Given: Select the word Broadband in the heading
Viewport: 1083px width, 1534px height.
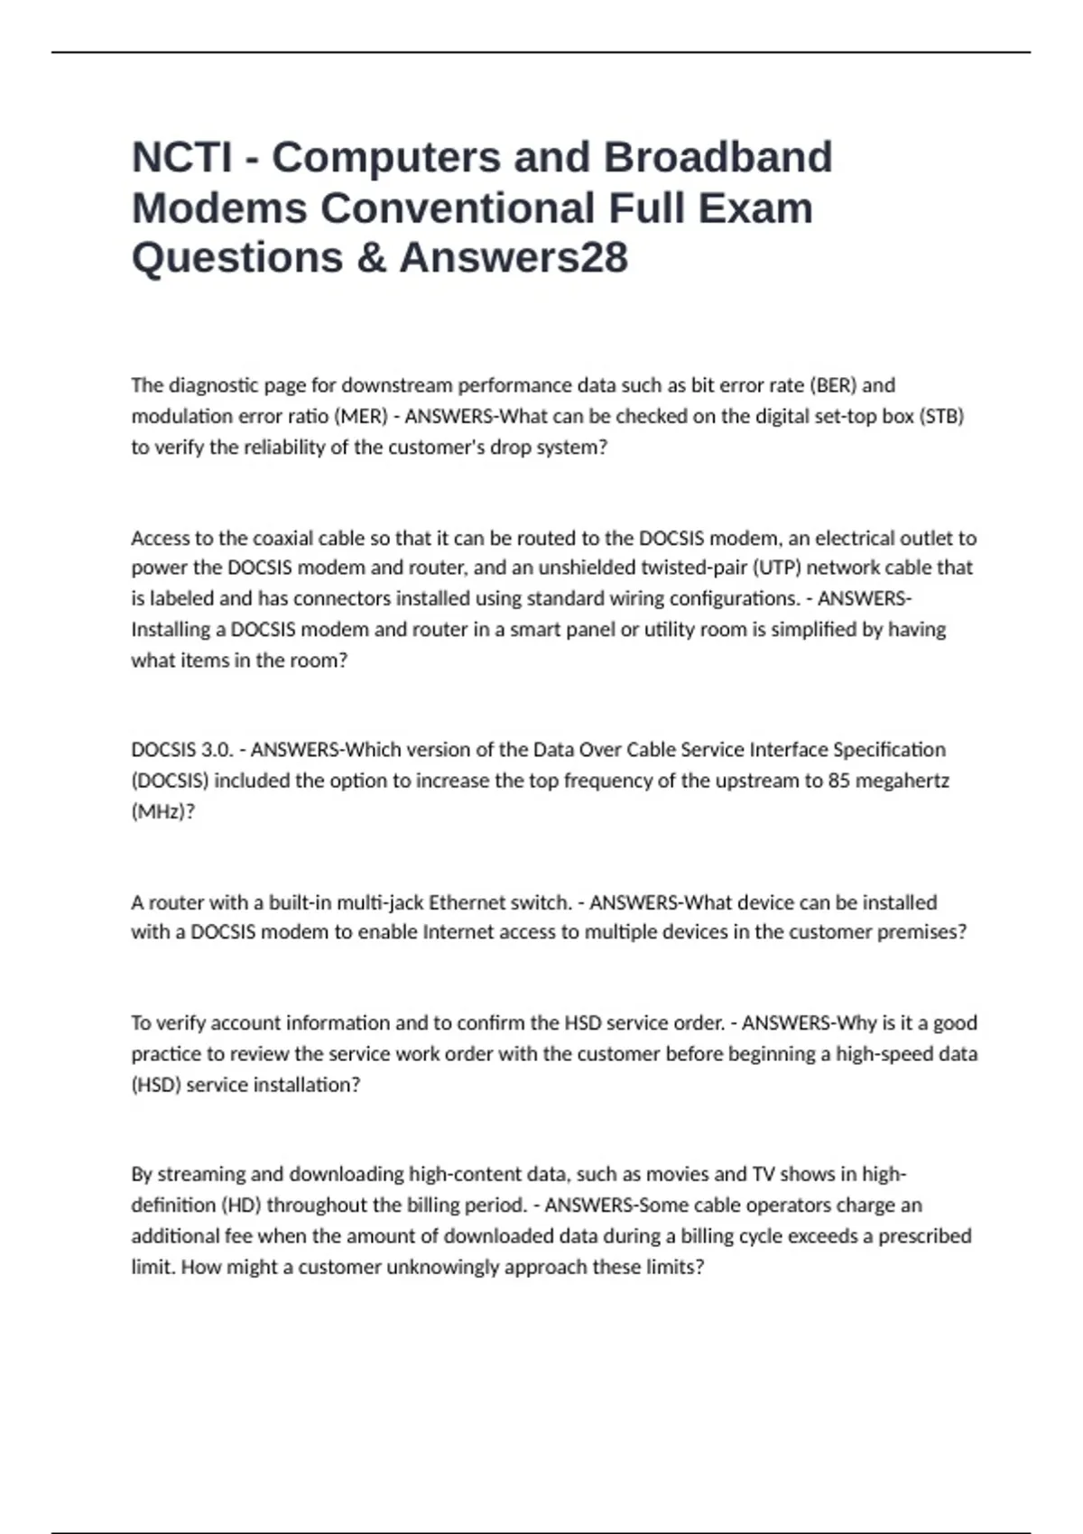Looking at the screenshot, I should click(717, 158).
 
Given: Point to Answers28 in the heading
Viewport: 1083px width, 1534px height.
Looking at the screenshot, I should click(514, 258).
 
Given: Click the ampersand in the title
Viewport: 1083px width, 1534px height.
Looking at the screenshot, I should click(371, 258).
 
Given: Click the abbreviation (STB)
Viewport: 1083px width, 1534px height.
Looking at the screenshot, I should click(940, 417).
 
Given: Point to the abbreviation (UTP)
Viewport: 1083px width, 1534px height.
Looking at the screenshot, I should click(775, 568).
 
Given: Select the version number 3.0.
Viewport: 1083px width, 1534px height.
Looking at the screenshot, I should click(217, 750).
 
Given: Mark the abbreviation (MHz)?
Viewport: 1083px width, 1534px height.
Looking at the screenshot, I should click(162, 811).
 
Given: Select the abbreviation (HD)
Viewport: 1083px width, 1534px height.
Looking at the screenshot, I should click(241, 1206).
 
